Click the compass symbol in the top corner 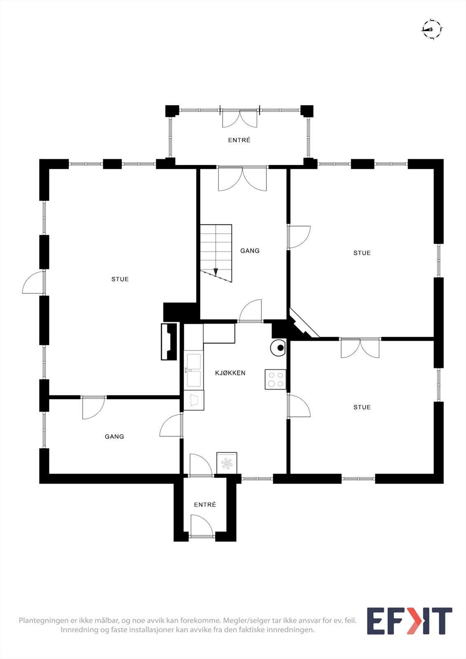pos(432,29)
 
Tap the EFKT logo pos(409,621)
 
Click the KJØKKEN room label pos(230,373)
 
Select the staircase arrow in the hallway pos(215,272)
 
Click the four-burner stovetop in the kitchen pos(275,379)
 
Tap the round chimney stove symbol pos(279,347)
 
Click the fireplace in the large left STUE pos(169,341)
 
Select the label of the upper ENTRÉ pos(239,140)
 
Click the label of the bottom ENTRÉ pos(205,505)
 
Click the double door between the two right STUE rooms pos(360,348)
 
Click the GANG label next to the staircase pos(250,250)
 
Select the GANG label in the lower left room pos(114,437)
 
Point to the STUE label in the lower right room pos(362,407)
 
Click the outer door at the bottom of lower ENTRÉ pos(202,527)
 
